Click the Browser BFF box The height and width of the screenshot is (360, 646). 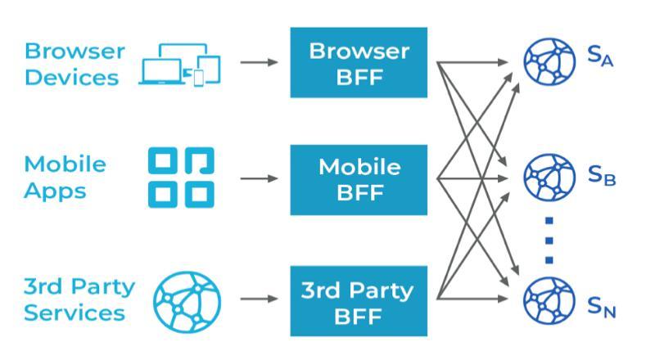pyautogui.click(x=358, y=61)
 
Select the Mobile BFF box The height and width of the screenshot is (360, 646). pyautogui.click(x=358, y=178)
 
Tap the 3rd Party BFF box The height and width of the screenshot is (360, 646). pyautogui.click(x=358, y=300)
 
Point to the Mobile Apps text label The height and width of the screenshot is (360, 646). pyautogui.click(x=66, y=178)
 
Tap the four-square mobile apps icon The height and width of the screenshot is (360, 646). pyautogui.click(x=181, y=178)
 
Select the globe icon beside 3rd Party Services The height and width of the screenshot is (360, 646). pyautogui.click(x=187, y=299)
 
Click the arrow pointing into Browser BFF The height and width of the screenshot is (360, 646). pyautogui.click(x=261, y=62)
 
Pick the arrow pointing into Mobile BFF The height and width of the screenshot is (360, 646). pyautogui.click(x=261, y=178)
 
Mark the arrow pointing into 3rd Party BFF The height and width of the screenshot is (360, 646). pyautogui.click(x=261, y=299)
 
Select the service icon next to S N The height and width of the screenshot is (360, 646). pyautogui.click(x=544, y=300)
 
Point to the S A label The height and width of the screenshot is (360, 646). pyautogui.click(x=600, y=56)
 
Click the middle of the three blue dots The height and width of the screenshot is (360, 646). pyautogui.click(x=549, y=240)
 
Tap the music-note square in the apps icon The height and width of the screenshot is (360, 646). pyautogui.click(x=199, y=162)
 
